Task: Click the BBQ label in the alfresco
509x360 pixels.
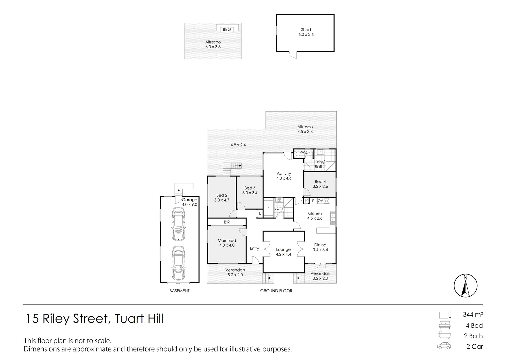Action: point(227,30)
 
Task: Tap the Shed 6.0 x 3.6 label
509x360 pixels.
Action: point(306,32)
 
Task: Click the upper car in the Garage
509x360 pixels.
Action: point(178,224)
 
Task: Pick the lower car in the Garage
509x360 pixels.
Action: point(178,263)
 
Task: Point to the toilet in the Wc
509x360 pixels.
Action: point(298,154)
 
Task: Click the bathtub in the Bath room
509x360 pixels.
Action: point(268,208)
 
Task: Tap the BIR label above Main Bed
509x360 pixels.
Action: point(227,222)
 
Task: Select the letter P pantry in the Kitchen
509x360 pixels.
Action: point(306,200)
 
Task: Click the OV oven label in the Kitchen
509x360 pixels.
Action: point(320,201)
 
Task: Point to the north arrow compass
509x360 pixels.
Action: point(466,285)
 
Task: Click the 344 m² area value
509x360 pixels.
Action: point(473,315)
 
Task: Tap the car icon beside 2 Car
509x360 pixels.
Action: point(444,346)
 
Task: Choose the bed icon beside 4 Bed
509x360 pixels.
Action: point(445,325)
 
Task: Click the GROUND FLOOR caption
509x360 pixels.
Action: point(276,291)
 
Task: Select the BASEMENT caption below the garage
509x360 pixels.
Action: point(179,291)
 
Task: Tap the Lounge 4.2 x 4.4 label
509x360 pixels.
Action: point(283,252)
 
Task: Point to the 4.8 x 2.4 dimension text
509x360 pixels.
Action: point(238,145)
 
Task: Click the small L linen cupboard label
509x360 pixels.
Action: point(260,214)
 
